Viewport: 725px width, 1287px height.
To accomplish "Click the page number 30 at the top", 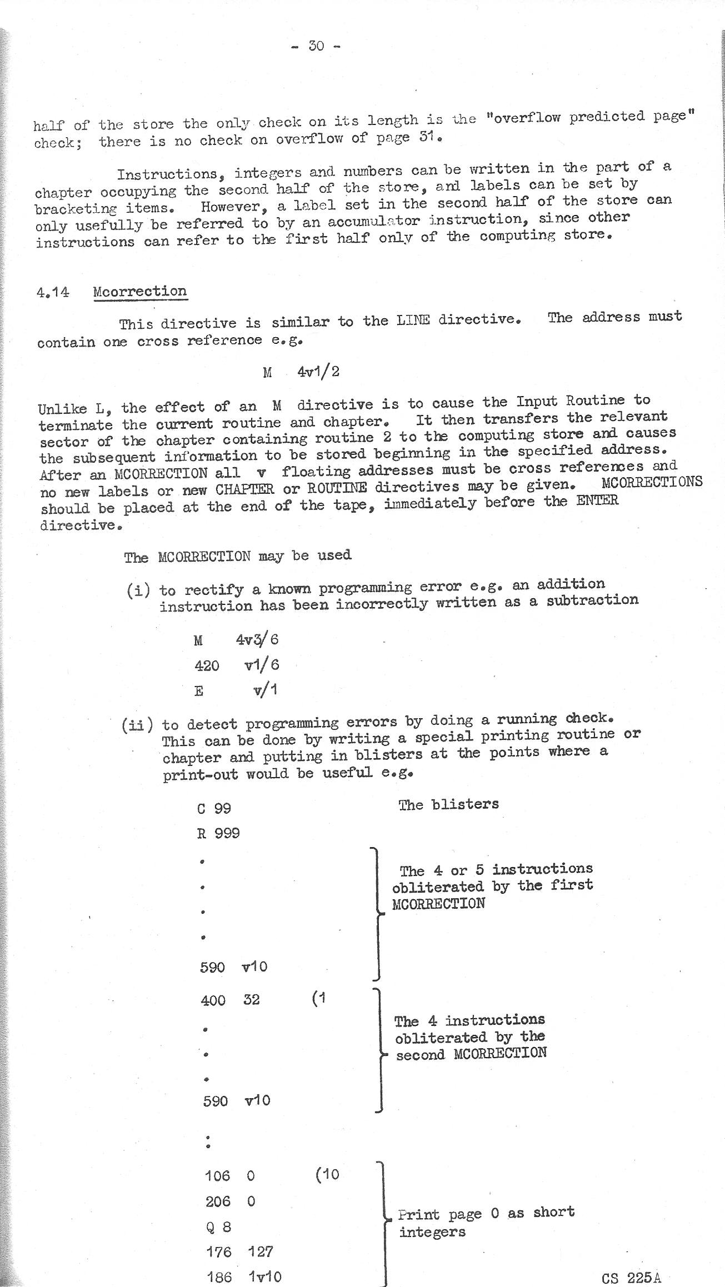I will tap(316, 46).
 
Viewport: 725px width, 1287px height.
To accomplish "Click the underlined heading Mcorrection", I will tap(140, 292).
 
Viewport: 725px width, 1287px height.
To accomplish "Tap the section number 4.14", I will tap(53, 292).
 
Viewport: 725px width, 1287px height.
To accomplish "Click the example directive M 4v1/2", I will tap(301, 372).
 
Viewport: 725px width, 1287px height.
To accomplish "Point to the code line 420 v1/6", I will tap(237, 665).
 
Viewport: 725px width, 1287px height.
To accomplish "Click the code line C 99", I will tap(214, 808).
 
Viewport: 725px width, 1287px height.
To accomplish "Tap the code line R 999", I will tap(218, 833).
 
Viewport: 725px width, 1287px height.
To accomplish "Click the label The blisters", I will tap(448, 804).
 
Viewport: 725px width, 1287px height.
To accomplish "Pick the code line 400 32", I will tap(229, 1000).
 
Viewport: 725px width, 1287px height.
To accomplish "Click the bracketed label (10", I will tap(327, 1175).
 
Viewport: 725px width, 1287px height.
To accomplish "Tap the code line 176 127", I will tap(239, 1251).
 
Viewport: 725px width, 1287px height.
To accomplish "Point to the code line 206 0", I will tap(231, 1201).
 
